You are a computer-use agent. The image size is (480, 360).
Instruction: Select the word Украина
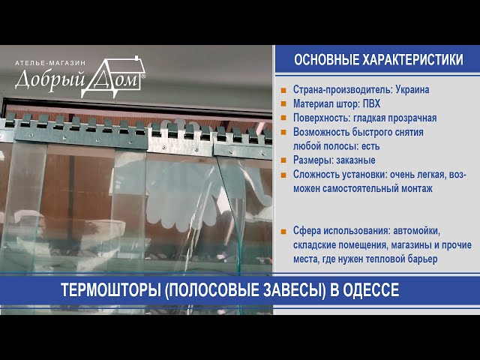click(x=412, y=90)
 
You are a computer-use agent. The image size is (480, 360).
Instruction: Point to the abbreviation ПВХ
click(x=371, y=103)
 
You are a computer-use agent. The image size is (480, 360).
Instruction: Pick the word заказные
click(x=355, y=160)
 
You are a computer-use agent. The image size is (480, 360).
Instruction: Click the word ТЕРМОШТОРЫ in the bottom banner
click(x=111, y=290)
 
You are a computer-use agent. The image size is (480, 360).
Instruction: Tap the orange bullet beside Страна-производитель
click(x=283, y=90)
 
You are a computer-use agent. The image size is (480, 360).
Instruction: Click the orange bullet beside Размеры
click(x=283, y=160)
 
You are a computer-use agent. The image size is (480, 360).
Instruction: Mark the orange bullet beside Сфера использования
click(x=283, y=231)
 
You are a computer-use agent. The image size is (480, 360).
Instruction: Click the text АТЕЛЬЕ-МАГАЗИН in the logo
click(x=50, y=63)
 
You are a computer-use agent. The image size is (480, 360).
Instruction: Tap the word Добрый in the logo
click(x=50, y=80)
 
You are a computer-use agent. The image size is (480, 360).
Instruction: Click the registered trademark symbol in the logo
click(x=143, y=75)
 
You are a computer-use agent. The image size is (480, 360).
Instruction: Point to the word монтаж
click(x=418, y=188)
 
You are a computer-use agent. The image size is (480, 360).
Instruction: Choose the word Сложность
click(x=316, y=175)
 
